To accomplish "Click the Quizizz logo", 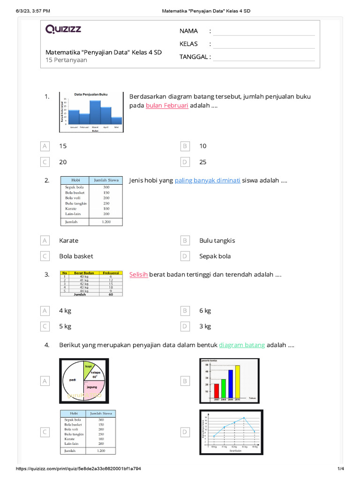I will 63,30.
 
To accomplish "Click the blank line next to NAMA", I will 264,31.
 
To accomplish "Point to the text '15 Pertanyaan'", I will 66,60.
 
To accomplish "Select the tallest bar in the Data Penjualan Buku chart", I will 95,112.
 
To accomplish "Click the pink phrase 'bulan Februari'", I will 167,105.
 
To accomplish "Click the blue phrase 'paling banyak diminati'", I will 207,180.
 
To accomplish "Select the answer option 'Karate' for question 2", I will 69,240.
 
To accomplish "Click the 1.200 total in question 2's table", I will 106,222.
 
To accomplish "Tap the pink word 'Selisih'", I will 138,275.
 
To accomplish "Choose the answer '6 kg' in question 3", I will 205,311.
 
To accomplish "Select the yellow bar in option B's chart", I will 237,381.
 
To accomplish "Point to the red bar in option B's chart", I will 216,390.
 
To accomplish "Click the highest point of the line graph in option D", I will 244,418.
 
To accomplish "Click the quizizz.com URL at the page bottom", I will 79,469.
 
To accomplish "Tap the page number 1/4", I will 340,469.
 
